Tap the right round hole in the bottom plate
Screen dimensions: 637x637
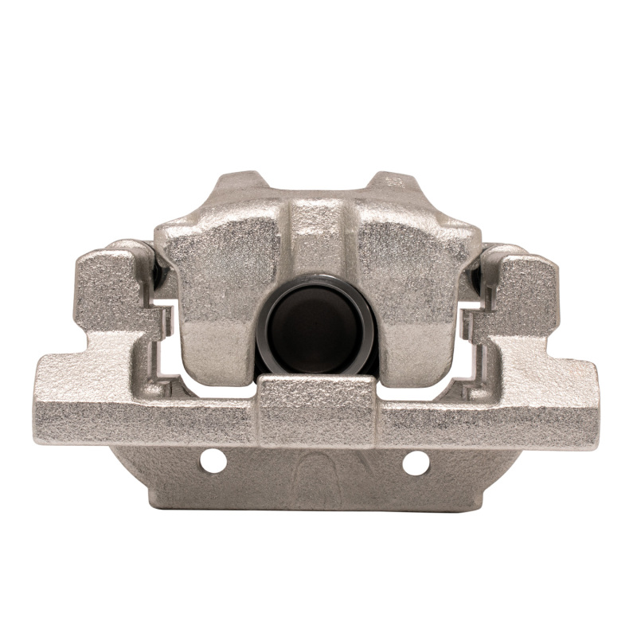(x=416, y=461)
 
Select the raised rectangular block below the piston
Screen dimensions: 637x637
(x=317, y=410)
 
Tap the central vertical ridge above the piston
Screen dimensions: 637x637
(x=317, y=239)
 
